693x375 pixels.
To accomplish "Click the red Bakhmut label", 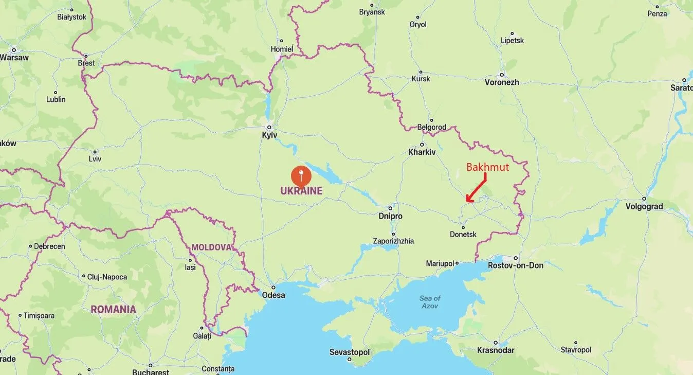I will coord(487,167).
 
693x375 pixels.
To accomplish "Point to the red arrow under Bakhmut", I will coord(476,188).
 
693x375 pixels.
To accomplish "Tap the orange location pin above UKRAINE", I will coord(301,176).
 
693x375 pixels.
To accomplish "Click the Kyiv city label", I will coord(269,135).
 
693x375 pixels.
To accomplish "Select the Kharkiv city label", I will coord(422,152).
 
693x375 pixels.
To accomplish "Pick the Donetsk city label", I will coord(463,235).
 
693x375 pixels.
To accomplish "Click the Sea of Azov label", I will coord(430,302).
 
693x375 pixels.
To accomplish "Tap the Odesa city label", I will coord(273,295).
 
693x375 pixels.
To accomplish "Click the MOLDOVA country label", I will coord(211,247).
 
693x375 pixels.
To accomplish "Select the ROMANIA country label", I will coord(114,310).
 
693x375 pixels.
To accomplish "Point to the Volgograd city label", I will coord(644,207).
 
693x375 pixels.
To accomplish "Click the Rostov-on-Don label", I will coord(516,265).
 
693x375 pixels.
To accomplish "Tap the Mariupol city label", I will coord(441,263).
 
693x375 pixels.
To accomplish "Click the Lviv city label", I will coord(95,159).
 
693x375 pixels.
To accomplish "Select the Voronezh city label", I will coord(502,82).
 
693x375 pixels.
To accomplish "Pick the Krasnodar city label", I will coord(496,350).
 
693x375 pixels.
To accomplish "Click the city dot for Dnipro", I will coord(392,207).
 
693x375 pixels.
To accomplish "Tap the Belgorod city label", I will coord(431,127).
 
